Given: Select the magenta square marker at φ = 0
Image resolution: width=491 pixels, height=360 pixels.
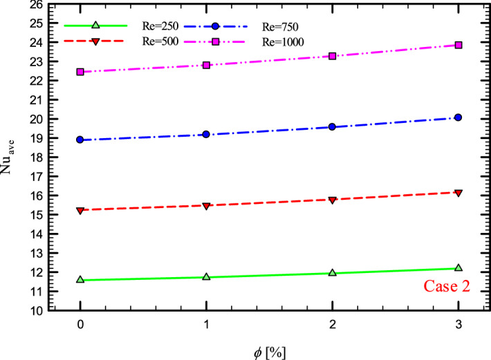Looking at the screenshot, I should [x=80, y=72].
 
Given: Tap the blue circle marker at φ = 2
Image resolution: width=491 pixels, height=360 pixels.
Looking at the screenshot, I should [x=332, y=127].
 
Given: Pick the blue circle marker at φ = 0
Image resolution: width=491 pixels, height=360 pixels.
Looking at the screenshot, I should [x=80, y=140].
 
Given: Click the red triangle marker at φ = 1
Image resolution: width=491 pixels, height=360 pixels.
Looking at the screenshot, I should [x=206, y=206].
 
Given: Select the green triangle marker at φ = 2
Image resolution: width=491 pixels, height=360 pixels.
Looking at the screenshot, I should [x=332, y=273].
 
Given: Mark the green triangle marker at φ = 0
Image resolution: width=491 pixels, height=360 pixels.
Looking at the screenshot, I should [x=80, y=280].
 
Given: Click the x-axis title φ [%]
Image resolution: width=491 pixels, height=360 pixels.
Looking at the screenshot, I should [x=269, y=350].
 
